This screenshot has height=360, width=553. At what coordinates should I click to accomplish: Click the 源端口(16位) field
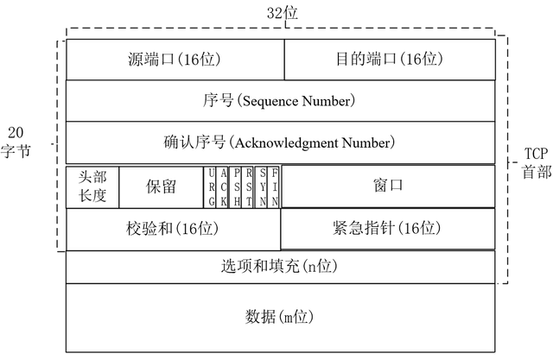[x=175, y=60]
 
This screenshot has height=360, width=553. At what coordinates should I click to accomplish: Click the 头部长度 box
[x=92, y=186]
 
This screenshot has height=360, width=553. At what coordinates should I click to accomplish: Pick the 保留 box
[x=160, y=186]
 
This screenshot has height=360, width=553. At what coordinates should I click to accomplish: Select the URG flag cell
[x=212, y=186]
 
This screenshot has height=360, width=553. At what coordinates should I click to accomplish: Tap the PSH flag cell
[x=237, y=186]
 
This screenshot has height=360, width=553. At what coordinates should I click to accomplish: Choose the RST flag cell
[x=250, y=186]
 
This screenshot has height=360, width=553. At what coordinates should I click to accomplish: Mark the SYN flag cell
[x=263, y=186]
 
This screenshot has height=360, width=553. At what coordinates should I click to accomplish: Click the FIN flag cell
[x=276, y=186]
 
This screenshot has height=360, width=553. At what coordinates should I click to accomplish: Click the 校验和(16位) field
[x=174, y=229]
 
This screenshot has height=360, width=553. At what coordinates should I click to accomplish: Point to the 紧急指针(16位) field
[x=388, y=229]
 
